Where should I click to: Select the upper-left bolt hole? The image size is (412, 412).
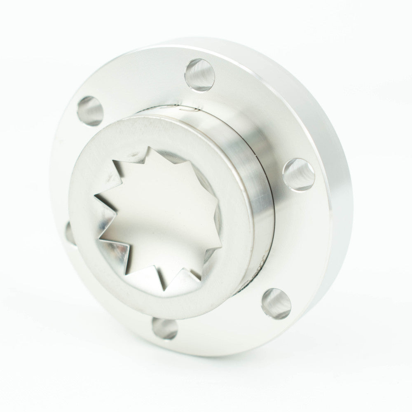(90, 110)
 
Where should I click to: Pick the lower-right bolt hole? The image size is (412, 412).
(276, 304)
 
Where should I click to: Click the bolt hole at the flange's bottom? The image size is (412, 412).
(165, 328)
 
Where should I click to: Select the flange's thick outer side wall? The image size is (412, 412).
(330, 124)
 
